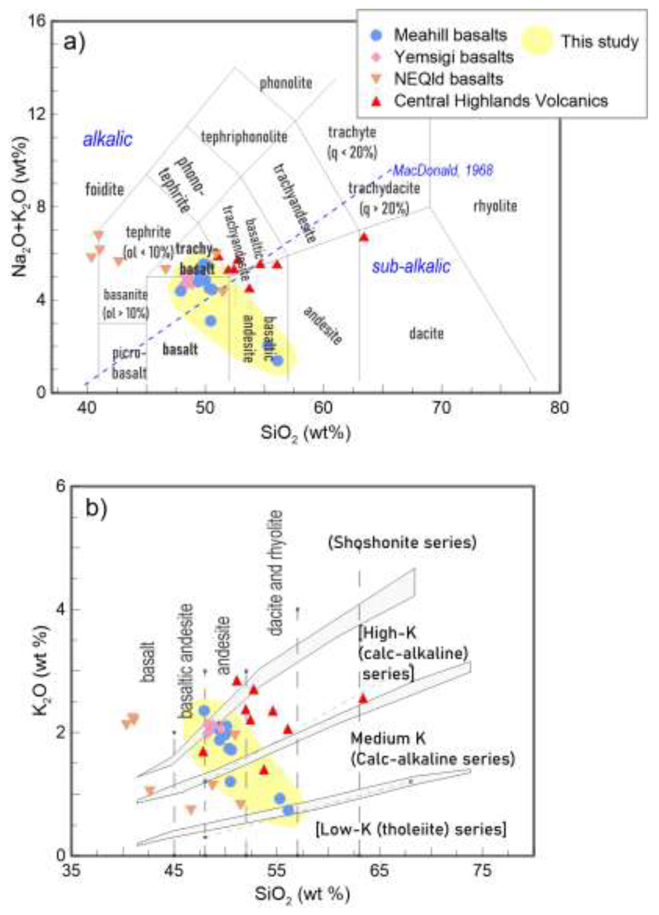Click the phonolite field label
pyautogui.click(x=286, y=83)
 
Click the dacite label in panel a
pyautogui.click(x=427, y=334)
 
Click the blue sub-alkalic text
pyautogui.click(x=411, y=266)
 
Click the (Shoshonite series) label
pyautogui.click(x=402, y=542)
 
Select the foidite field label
pyautogui.click(x=105, y=189)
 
